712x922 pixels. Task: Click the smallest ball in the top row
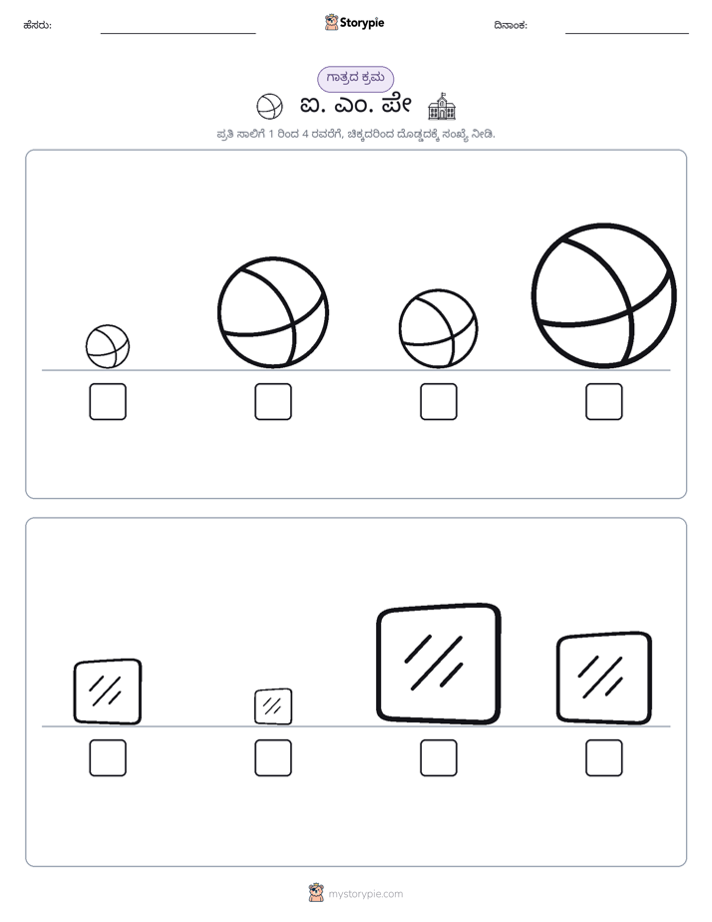[108, 346]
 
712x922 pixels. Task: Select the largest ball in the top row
[604, 295]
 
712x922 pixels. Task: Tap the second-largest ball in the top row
[273, 312]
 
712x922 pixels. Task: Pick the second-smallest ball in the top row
[438, 328]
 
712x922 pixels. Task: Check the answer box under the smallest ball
[108, 401]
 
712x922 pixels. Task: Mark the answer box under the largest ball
[604, 401]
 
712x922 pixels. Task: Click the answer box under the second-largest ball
[273, 401]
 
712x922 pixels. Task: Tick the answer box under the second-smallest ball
[438, 401]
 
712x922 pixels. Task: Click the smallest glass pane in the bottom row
[273, 706]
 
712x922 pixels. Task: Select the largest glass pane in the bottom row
[438, 664]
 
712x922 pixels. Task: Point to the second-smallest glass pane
[108, 691]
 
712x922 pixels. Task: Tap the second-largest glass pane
[604, 678]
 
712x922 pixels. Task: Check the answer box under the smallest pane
[273, 758]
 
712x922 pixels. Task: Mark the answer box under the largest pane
[438, 758]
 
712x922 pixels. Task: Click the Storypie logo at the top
[354, 22]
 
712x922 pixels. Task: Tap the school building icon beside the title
[442, 107]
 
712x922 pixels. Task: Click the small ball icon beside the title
[269, 107]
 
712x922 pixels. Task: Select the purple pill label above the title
[355, 78]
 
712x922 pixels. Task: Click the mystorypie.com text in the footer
[365, 894]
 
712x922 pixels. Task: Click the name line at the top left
[178, 34]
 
